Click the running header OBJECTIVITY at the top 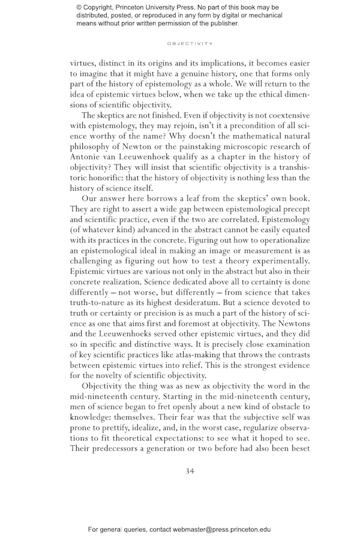tap(190, 44)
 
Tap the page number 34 tap(190, 471)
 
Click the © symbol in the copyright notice tap(80, 7)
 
